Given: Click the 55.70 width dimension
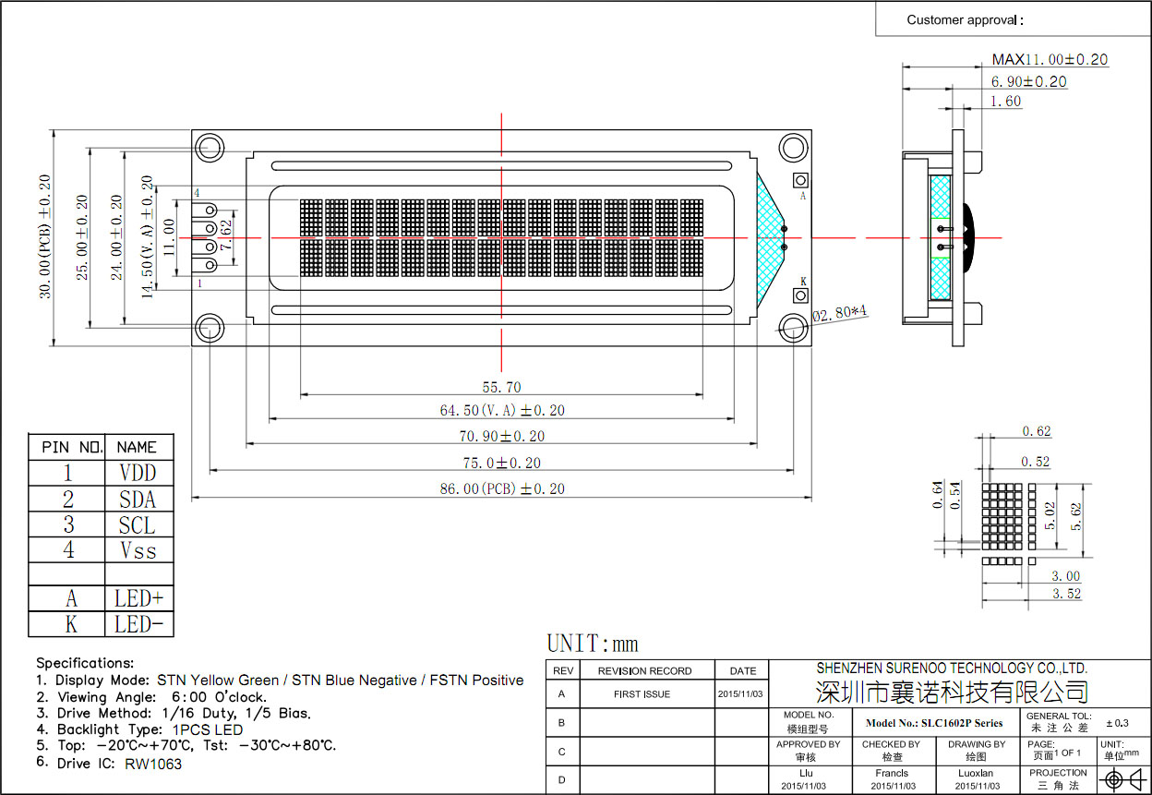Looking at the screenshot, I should [501, 388].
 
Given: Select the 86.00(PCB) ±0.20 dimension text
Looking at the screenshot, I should [501, 488].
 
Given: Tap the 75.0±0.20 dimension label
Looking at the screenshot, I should [501, 463].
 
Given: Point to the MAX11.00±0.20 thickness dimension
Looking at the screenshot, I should [1050, 59].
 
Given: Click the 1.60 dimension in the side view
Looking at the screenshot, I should [1005, 102].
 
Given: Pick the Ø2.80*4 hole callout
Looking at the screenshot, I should [840, 314].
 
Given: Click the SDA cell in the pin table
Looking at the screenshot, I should [138, 500].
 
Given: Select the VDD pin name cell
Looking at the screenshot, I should [138, 473].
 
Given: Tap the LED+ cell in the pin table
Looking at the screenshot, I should [138, 597].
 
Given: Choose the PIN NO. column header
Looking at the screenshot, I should [67, 447].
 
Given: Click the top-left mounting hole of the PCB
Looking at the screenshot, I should [210, 148].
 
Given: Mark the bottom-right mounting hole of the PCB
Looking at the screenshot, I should [793, 327].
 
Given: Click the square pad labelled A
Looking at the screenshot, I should [800, 180].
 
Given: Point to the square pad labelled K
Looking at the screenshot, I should [800, 295].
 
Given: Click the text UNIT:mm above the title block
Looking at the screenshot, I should [593, 644].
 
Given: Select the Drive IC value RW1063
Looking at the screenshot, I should [153, 764].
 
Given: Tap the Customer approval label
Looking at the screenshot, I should [965, 19].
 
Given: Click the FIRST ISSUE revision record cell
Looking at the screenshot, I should [642, 693].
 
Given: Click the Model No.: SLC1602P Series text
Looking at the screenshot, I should [934, 723].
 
